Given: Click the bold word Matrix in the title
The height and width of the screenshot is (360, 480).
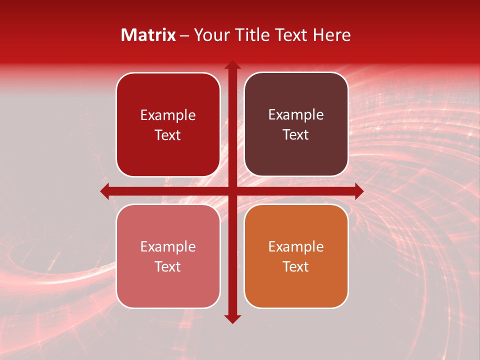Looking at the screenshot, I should coord(148,35).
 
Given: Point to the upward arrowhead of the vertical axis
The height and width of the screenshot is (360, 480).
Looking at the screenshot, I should coord(232,64).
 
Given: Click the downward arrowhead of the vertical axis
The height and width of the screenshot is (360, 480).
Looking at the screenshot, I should coord(232,319).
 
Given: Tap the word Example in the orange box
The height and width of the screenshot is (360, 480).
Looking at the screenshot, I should coord(296,246).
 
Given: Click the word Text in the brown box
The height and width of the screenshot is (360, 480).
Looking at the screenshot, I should coord(296,135).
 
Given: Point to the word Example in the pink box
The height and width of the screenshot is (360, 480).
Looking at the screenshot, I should coord(168,246).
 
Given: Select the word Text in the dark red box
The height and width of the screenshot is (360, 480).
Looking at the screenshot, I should coord(168,135).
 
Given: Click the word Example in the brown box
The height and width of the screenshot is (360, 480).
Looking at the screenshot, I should coord(296,115).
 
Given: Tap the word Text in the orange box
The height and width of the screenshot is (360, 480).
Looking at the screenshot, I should coord(296,266).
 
